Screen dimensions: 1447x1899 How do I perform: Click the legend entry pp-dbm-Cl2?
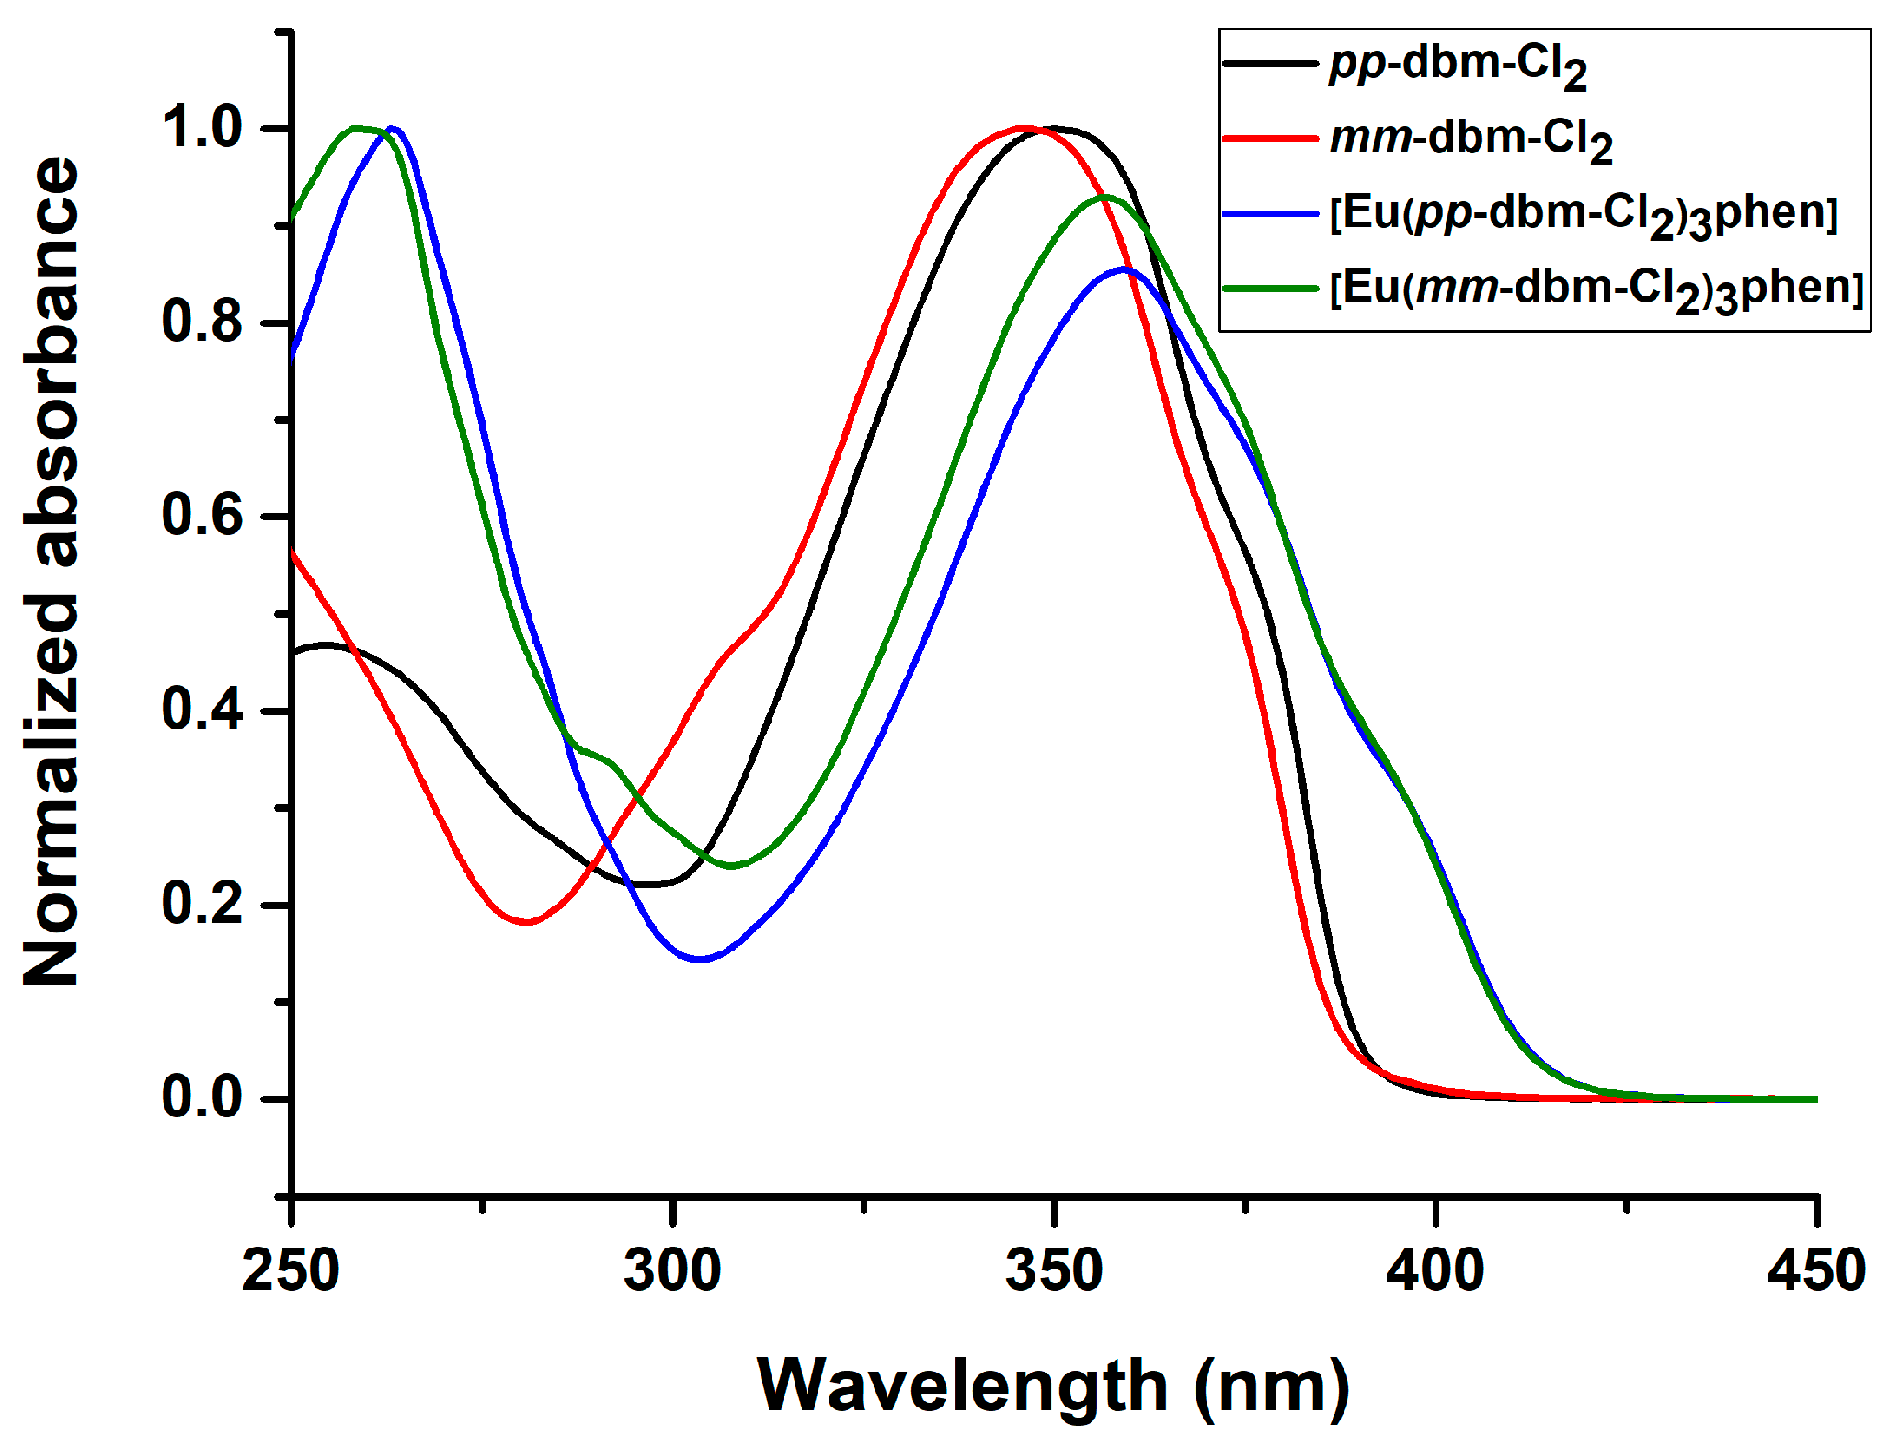click(1458, 66)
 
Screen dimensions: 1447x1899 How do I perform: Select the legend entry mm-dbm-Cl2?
click(1470, 141)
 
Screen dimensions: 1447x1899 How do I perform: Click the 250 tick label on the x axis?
click(291, 1271)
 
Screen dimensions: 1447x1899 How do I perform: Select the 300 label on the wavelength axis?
click(672, 1271)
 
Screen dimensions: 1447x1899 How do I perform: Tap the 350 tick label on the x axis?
click(1054, 1271)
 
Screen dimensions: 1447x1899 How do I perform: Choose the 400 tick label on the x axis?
click(1435, 1271)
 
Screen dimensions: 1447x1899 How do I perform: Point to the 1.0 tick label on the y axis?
click(202, 128)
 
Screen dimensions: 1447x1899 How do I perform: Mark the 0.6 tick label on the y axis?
click(202, 516)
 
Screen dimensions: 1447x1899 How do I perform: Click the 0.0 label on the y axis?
click(202, 1098)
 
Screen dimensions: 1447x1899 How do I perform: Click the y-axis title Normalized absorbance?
click(52, 570)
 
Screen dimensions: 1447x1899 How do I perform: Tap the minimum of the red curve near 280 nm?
click(526, 921)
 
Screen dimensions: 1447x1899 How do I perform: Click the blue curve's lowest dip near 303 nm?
click(701, 959)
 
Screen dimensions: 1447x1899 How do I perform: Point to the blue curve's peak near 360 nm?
click(1124, 268)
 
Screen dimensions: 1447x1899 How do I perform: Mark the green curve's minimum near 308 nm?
click(731, 865)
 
